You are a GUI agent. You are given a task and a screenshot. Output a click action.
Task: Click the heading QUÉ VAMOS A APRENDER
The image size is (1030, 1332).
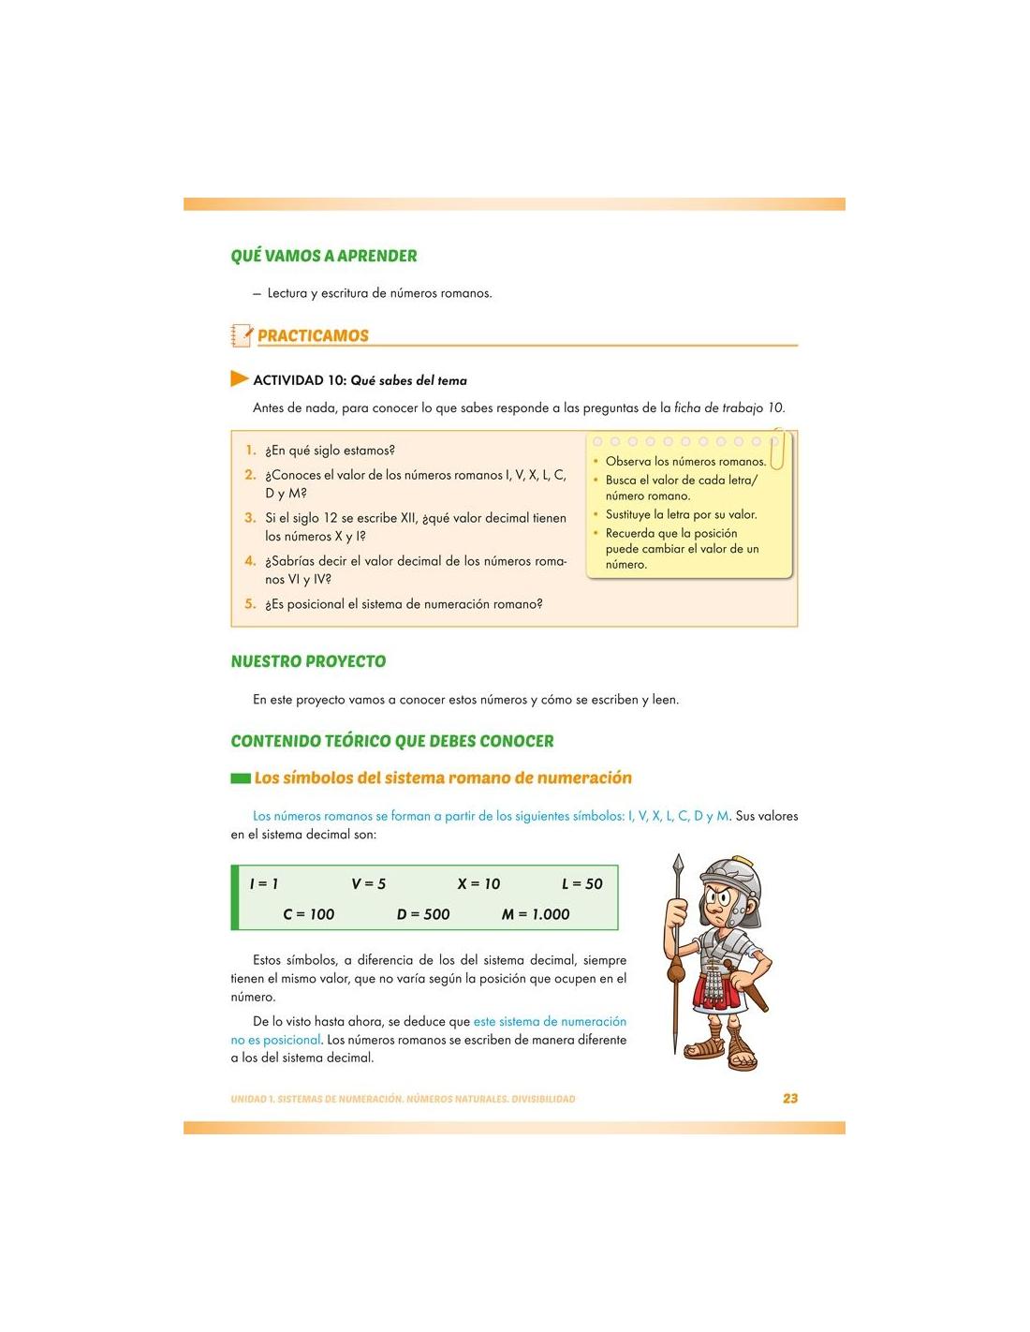[324, 256]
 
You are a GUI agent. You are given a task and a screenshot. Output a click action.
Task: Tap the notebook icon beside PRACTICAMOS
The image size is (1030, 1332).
[241, 335]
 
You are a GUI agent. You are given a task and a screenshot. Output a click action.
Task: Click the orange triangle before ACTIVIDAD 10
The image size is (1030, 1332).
[239, 379]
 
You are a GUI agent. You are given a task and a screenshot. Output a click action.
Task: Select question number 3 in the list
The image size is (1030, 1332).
[250, 518]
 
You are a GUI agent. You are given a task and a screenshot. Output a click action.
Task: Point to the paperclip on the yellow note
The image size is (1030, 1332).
[776, 451]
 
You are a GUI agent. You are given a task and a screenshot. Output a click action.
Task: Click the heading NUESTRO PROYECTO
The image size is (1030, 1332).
[308, 661]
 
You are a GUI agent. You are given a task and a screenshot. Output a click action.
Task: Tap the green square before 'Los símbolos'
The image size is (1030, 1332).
[241, 778]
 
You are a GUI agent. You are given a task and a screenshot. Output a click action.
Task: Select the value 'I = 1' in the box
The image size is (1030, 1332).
[264, 883]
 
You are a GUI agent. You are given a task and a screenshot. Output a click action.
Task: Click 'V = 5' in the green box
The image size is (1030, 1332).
[369, 883]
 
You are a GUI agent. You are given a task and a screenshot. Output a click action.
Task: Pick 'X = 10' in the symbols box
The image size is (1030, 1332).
[478, 883]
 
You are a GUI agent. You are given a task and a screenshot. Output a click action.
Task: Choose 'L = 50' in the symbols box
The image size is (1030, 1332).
[582, 883]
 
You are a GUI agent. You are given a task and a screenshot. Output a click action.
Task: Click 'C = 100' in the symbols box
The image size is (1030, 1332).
[309, 914]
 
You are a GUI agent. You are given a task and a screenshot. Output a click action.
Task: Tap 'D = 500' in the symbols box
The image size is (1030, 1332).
[423, 914]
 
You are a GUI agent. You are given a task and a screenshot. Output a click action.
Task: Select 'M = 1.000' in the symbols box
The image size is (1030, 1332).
[536, 914]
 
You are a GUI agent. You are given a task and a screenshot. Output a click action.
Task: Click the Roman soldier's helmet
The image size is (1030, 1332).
[732, 879]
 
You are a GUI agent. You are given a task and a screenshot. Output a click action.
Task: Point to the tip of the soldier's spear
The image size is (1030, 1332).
[678, 862]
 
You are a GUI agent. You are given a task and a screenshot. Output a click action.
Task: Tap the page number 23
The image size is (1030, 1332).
[790, 1099]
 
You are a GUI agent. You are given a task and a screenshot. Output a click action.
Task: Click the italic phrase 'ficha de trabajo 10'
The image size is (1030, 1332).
[729, 408]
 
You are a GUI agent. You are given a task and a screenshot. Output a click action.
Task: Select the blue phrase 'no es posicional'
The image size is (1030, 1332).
[276, 1040]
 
